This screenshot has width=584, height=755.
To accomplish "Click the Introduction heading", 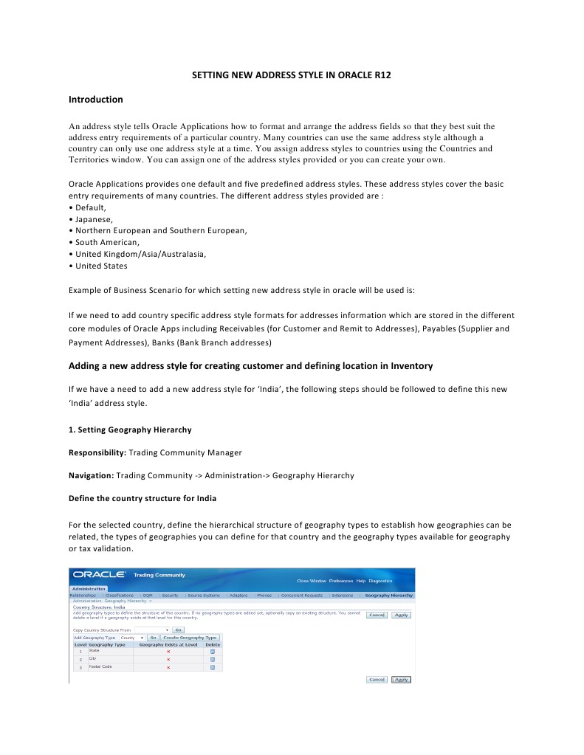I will tap(95, 100).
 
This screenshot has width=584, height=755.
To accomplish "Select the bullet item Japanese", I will tap(94, 219).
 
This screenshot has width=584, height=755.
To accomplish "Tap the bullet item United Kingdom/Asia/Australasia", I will tap(140, 254).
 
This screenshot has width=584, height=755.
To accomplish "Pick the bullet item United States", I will tap(101, 266).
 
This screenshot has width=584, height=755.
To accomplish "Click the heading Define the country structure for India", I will tap(142, 498).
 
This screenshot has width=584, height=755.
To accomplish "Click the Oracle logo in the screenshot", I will tap(99, 575).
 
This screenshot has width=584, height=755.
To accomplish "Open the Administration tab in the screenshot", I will tap(89, 588).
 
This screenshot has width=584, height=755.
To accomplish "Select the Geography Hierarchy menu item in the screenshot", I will tap(388, 595).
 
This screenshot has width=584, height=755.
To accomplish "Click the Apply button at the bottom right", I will tap(401, 679).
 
